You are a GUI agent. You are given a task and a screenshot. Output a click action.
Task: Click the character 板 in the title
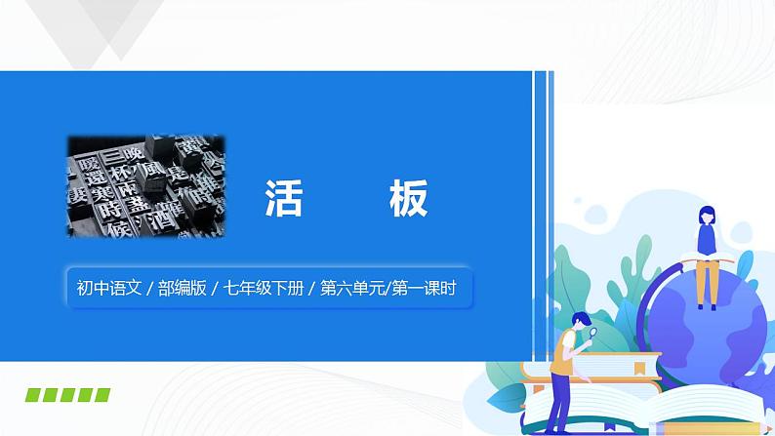(x=406, y=199)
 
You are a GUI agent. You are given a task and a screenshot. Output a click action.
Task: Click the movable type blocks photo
(x=144, y=185)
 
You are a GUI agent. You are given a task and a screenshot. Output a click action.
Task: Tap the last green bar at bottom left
(x=101, y=394)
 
